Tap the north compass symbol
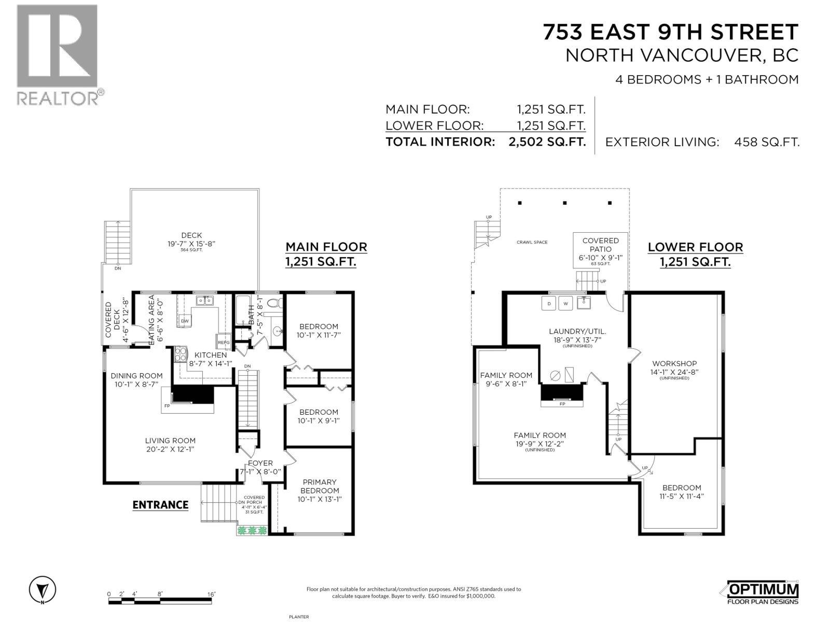(43, 589)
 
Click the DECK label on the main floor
(191, 235)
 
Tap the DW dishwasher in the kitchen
(185, 321)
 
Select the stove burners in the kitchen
(181, 354)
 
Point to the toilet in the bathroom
(274, 303)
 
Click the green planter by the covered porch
(252, 530)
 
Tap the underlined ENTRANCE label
(160, 505)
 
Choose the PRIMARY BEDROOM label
(320, 486)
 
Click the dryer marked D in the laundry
(549, 303)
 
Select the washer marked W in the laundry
(565, 303)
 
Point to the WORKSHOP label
(674, 363)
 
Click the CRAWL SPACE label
(532, 242)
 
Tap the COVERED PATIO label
(601, 245)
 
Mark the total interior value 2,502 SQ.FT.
(547, 142)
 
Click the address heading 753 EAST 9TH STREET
(670, 32)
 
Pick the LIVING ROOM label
(170, 441)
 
